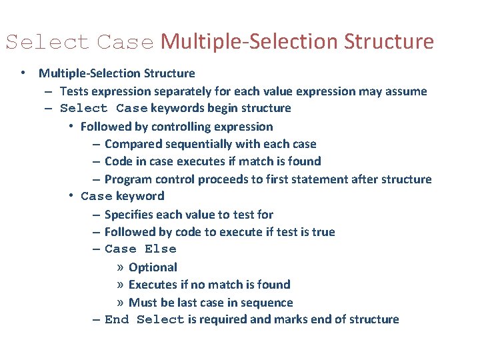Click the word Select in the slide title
[47, 42]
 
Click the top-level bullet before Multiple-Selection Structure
[23, 73]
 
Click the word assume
[407, 91]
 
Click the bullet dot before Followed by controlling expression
[71, 127]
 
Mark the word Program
[127, 179]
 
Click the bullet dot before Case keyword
[71, 196]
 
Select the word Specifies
[129, 215]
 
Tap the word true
[323, 232]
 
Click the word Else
[161, 249]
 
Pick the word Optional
[153, 267]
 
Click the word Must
[142, 302]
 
